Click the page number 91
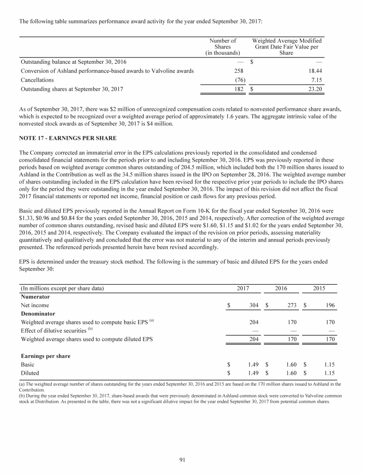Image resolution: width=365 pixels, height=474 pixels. point(182,459)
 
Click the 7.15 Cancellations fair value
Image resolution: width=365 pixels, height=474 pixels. point(316,80)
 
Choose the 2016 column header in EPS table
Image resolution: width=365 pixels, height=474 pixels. point(281,289)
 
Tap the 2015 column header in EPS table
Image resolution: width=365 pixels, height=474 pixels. point(319,289)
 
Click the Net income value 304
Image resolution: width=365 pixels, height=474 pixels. point(253,305)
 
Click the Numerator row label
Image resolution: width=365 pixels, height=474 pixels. point(35,297)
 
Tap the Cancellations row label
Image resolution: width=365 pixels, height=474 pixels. point(37,80)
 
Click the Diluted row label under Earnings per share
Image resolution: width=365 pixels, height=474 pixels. point(30,373)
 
